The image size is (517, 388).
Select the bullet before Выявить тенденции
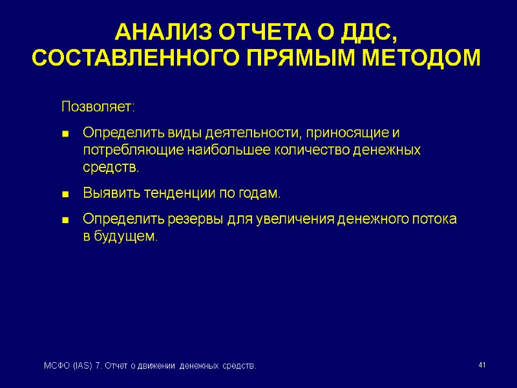(65, 194)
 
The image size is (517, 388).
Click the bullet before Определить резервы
(65, 220)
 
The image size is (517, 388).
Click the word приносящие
(349, 133)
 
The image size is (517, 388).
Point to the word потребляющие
(133, 151)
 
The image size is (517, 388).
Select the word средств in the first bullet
(109, 168)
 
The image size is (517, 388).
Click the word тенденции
(170, 193)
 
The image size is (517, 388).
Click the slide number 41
(481, 366)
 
